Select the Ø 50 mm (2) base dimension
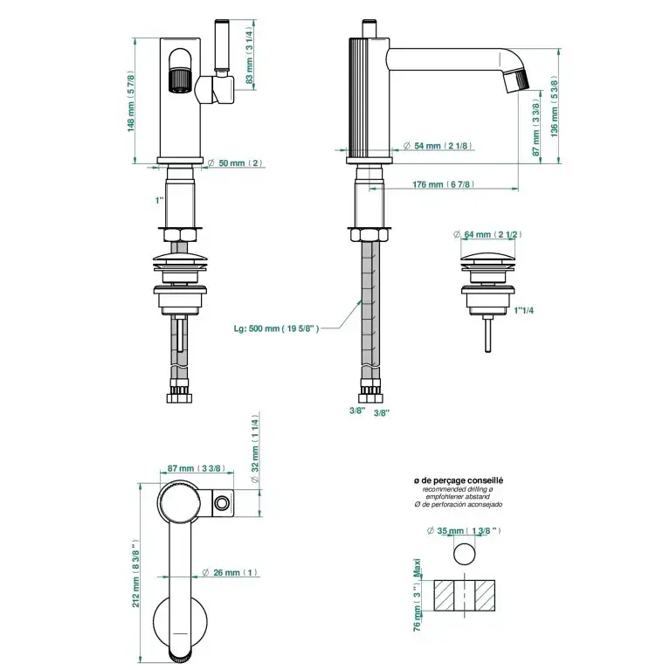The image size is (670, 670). [x=237, y=163]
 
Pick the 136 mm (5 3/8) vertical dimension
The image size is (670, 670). [x=554, y=106]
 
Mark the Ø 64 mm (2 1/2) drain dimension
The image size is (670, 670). [x=490, y=234]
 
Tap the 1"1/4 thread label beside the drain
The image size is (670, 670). [x=524, y=310]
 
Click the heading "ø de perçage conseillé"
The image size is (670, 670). [x=459, y=481]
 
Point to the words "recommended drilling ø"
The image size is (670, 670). [x=459, y=490]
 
